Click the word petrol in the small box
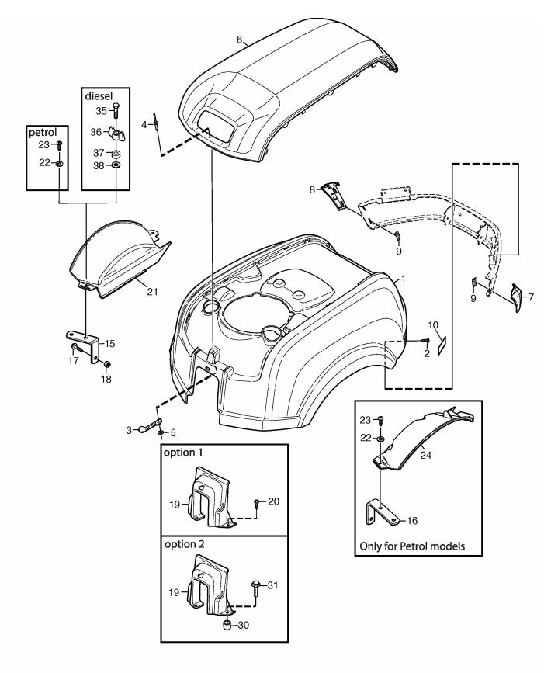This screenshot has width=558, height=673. tap(44, 132)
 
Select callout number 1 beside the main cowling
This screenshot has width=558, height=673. tap(402, 277)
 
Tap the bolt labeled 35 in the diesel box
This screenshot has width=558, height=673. tap(116, 112)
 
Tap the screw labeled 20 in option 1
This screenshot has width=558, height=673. tap(256, 503)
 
